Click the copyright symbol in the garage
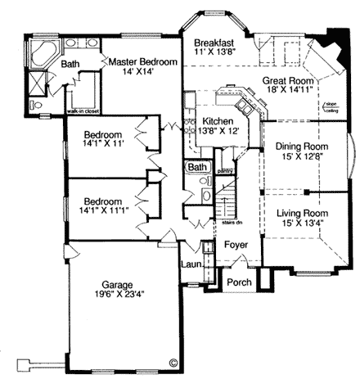(x=173, y=361)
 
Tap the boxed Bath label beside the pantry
(x=196, y=167)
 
